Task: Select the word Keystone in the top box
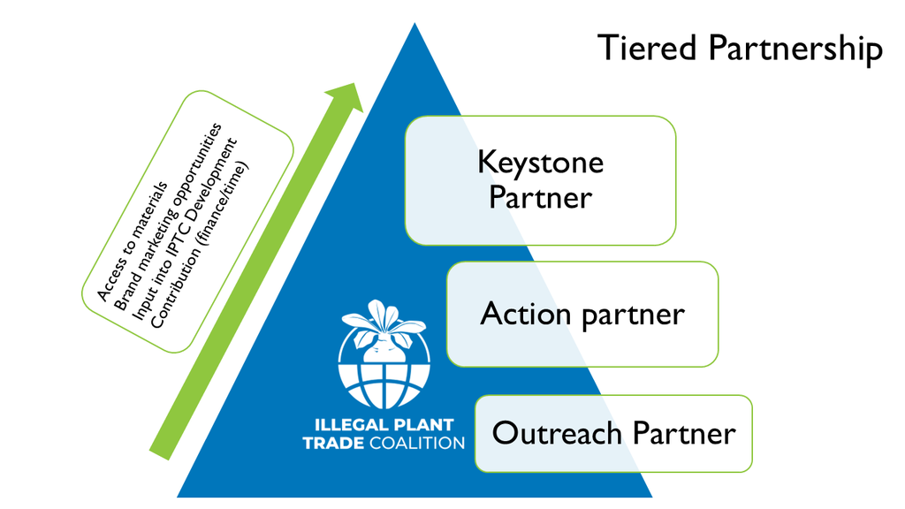[540, 163]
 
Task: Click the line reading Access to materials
[133, 241]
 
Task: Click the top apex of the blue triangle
[414, 27]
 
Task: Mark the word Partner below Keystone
[540, 197]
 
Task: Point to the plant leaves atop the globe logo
[384, 319]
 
